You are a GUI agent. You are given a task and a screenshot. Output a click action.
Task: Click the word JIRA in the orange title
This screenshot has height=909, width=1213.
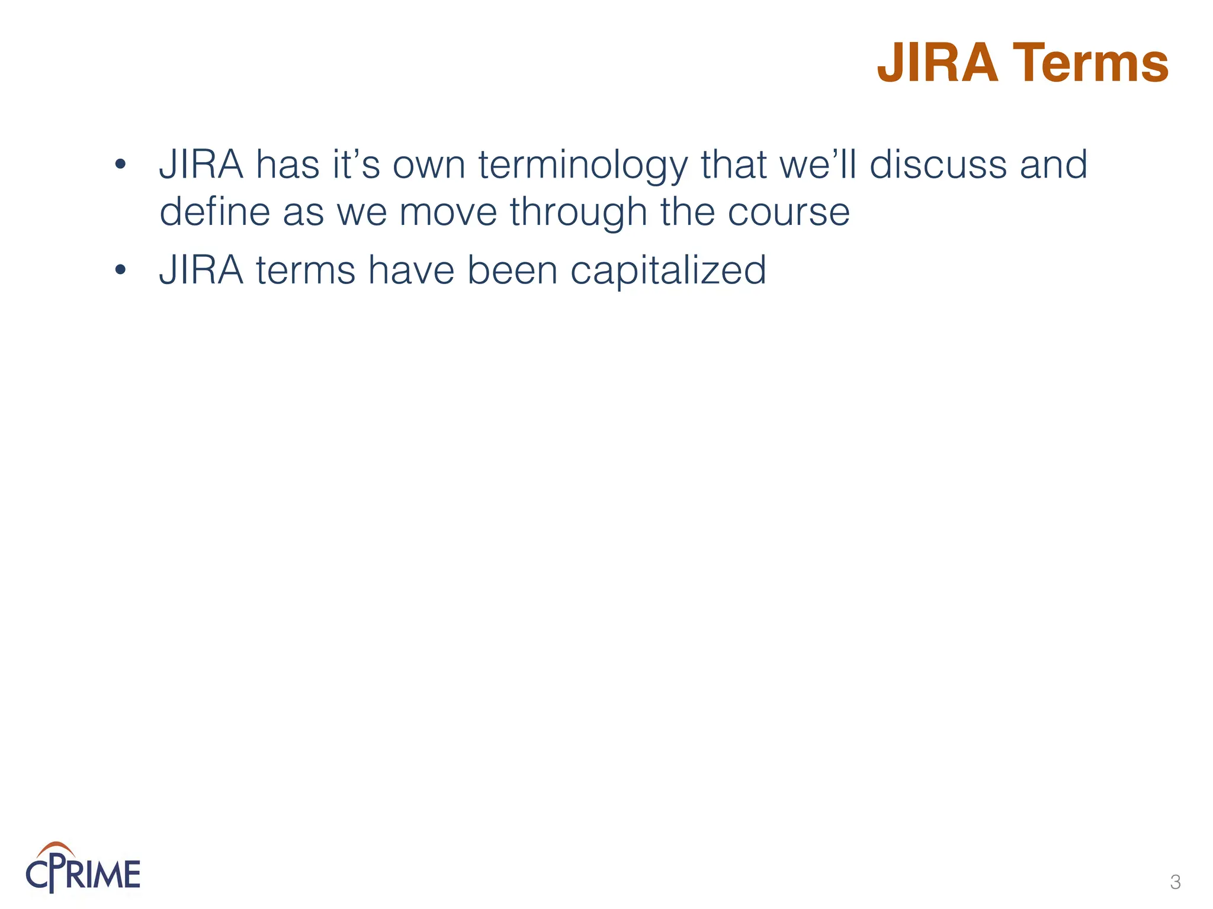tap(938, 63)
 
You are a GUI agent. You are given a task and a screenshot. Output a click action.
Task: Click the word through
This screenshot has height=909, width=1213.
tap(578, 212)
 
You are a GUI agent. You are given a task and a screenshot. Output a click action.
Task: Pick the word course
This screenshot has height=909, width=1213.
tap(788, 212)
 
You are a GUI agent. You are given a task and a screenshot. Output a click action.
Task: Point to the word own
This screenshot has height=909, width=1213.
tap(429, 165)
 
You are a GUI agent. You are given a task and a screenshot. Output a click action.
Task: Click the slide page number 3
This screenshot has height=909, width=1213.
tap(1175, 882)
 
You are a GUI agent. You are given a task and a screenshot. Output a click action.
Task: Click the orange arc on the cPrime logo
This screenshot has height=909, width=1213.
tap(55, 847)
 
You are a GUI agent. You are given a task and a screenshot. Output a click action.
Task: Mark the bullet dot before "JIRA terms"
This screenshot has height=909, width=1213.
tap(120, 270)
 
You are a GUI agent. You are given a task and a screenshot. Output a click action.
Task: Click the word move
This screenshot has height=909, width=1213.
tap(448, 212)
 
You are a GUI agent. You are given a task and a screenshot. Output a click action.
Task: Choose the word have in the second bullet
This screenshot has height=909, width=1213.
tap(411, 270)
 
